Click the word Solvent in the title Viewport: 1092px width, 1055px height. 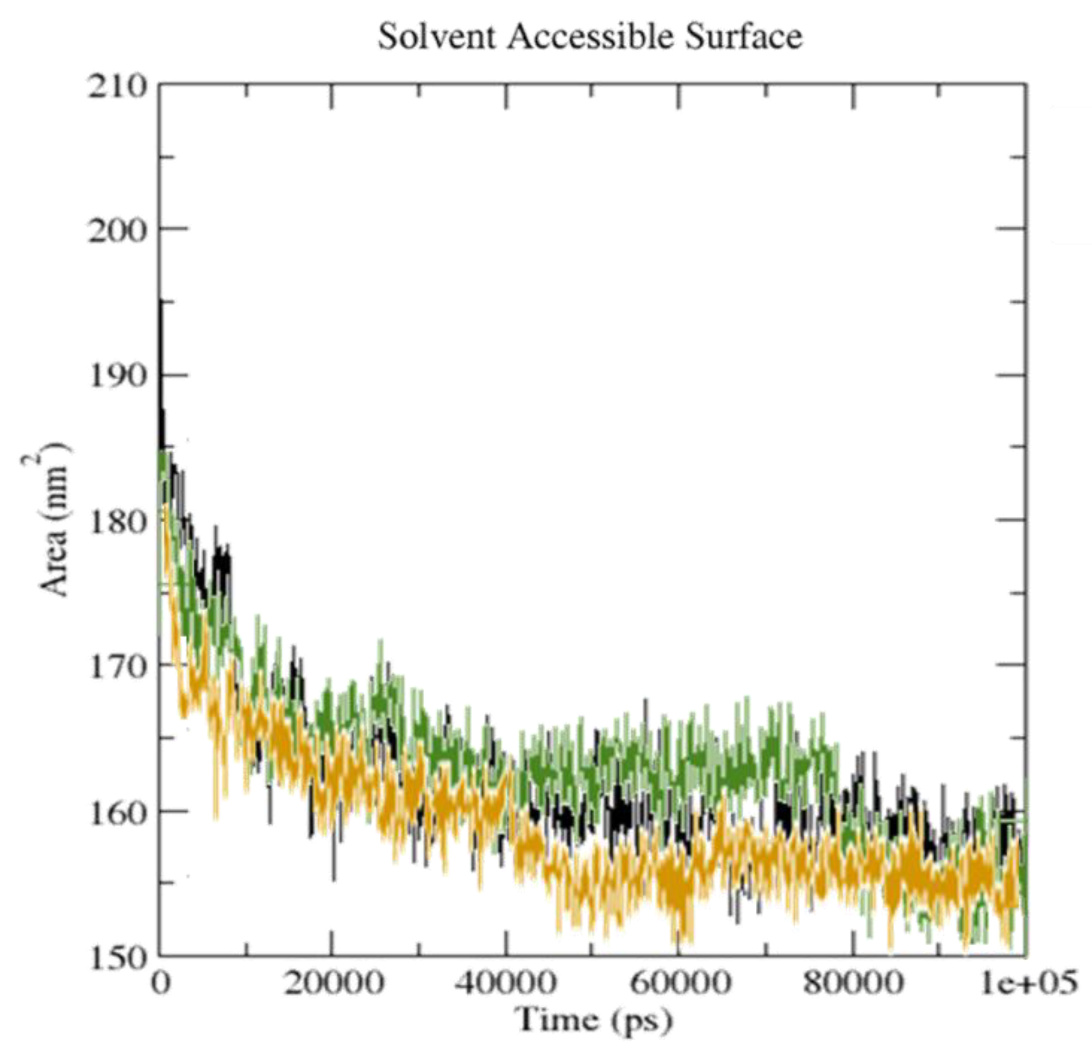pyautogui.click(x=436, y=37)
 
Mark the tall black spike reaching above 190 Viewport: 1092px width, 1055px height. pyautogui.click(x=162, y=334)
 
